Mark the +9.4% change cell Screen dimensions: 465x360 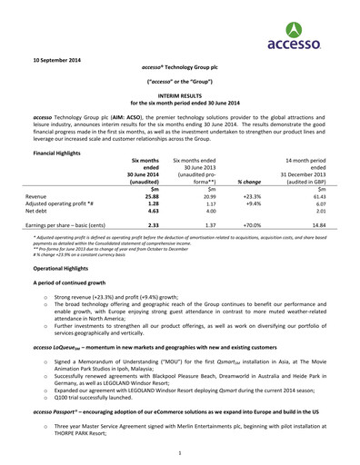pos(254,204)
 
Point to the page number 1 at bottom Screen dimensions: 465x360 pos(180,451)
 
